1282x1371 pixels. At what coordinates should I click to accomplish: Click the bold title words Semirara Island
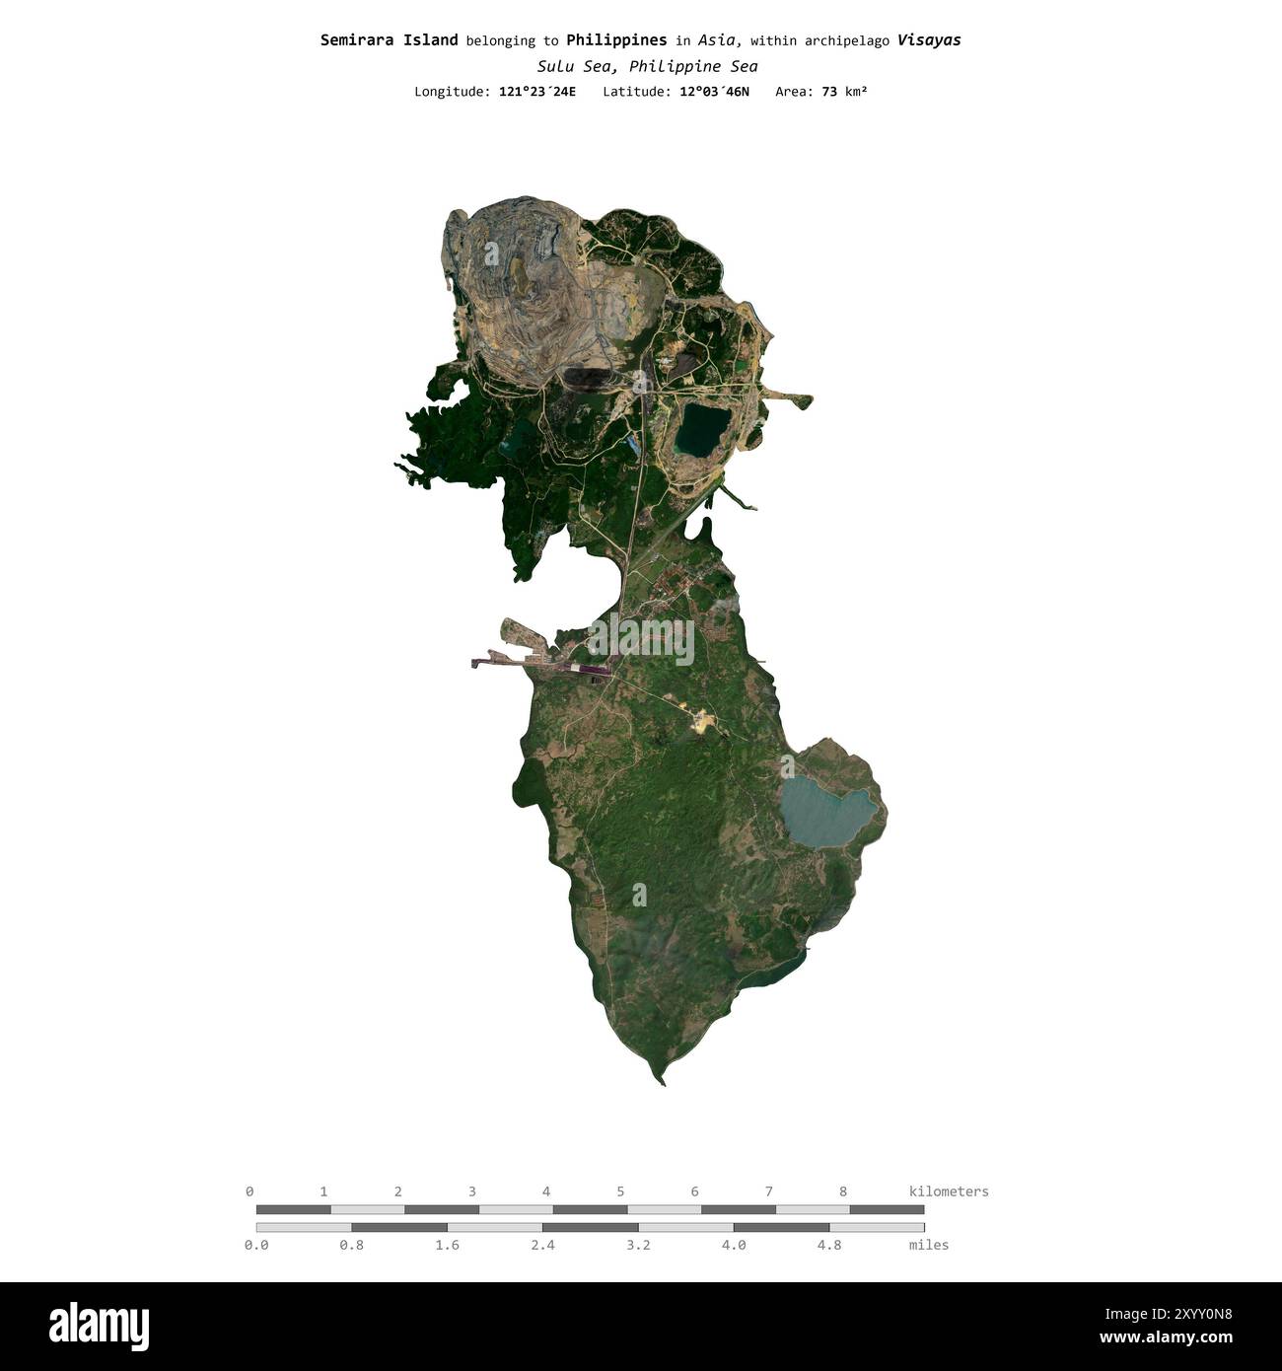tap(389, 40)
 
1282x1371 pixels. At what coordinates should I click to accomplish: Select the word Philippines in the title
tap(616, 40)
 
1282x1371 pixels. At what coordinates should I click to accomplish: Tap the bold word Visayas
tap(929, 40)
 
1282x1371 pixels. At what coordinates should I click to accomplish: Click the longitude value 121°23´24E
tap(537, 92)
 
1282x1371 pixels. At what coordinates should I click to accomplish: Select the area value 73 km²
tap(844, 92)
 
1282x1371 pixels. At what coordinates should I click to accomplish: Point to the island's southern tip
tap(664, 1081)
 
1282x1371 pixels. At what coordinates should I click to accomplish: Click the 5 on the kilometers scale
tap(620, 1191)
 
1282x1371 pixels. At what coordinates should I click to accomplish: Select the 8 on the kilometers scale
tap(843, 1191)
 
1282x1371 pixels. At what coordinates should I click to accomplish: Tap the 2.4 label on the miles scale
tap(542, 1245)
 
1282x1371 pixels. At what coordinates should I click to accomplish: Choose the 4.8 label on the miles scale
tap(829, 1245)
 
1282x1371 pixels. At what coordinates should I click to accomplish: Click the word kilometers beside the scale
tap(949, 1191)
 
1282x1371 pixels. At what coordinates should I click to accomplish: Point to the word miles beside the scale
tap(929, 1245)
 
